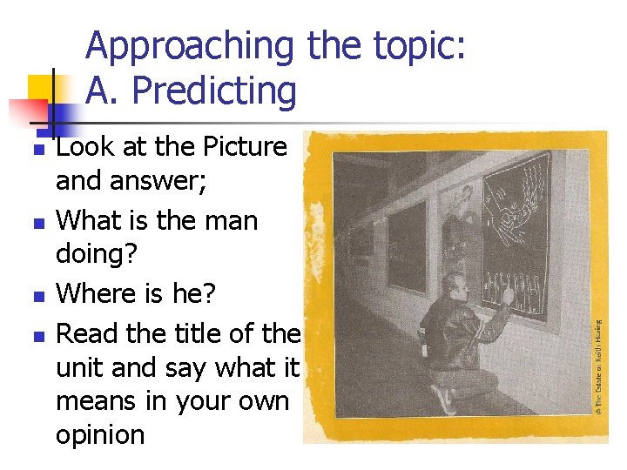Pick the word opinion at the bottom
tap(100, 433)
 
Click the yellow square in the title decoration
tap(41, 88)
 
